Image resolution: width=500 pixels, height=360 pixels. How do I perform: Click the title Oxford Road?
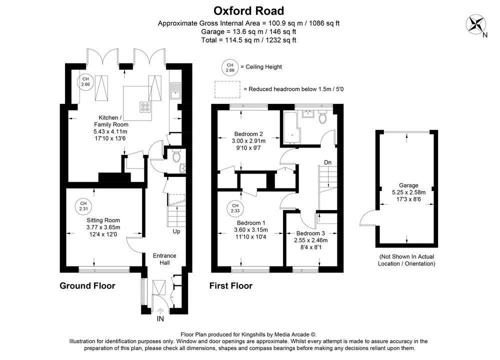(x=248, y=10)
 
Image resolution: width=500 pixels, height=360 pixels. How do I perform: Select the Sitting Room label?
(x=103, y=220)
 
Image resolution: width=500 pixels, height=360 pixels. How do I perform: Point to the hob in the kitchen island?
(x=145, y=106)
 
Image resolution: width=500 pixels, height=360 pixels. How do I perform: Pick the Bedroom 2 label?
(x=248, y=133)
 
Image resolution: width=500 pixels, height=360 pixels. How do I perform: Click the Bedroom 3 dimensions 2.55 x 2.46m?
(x=310, y=240)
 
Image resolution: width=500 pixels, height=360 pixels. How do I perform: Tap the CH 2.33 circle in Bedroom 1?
(x=235, y=208)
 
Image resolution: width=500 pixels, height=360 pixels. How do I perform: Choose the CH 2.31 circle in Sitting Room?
(x=82, y=205)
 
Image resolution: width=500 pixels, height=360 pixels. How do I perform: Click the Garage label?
(x=408, y=185)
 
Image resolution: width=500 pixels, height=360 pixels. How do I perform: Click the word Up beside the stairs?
(x=176, y=231)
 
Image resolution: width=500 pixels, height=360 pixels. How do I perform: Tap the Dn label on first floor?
(x=327, y=162)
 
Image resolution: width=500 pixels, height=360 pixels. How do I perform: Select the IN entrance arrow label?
(x=160, y=318)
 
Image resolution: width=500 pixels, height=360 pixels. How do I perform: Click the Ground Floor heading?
(x=87, y=286)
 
